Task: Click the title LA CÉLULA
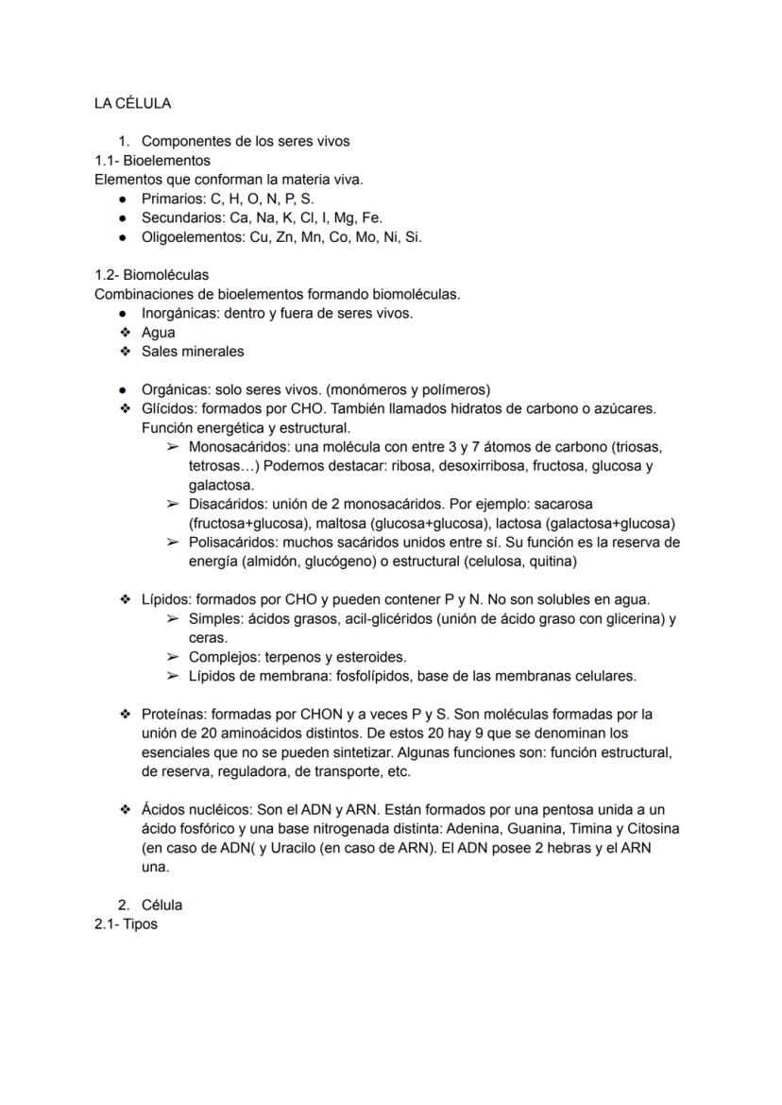coord(132,103)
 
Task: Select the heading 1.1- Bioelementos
coord(152,161)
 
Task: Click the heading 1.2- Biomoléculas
coord(151,275)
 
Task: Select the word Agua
coord(158,333)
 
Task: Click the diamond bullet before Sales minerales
coord(124,352)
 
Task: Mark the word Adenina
coord(472,829)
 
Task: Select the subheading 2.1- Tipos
coord(126,924)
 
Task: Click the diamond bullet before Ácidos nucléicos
coord(124,810)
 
